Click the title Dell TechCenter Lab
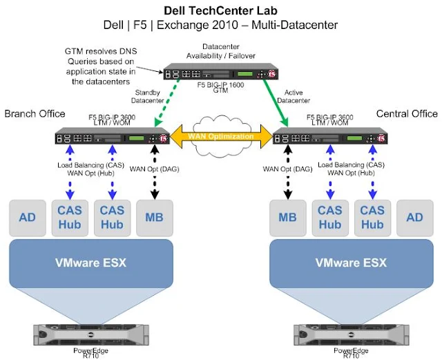(x=220, y=11)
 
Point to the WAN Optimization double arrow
(x=221, y=136)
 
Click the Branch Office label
(x=35, y=113)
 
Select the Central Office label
(x=407, y=113)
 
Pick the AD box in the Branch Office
(x=28, y=218)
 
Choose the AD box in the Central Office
(x=414, y=218)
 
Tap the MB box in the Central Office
(x=287, y=218)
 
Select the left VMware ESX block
(x=89, y=263)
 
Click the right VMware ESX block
(x=352, y=263)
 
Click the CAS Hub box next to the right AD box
(x=372, y=218)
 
